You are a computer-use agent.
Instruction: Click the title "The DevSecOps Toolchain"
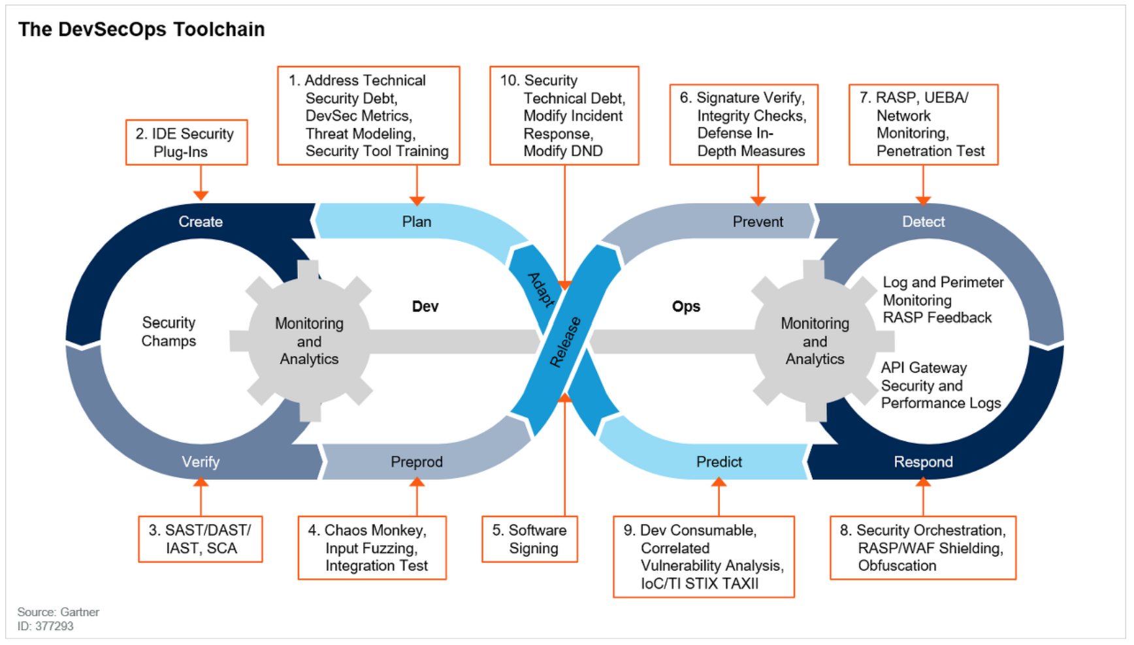[141, 29]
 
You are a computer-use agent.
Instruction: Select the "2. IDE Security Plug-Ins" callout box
[186, 142]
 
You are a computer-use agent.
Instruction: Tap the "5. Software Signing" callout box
[530, 539]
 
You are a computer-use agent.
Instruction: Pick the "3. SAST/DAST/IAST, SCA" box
[201, 539]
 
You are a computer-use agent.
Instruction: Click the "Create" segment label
[201, 222]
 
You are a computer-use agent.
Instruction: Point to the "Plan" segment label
[417, 222]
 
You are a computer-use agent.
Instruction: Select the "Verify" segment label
[201, 462]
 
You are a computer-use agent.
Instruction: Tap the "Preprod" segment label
[417, 462]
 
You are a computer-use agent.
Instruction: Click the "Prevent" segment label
[758, 222]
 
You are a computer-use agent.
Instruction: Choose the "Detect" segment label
[923, 222]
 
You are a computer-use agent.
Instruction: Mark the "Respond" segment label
[923, 462]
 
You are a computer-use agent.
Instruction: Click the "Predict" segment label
[719, 462]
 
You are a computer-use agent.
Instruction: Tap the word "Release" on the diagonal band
[566, 342]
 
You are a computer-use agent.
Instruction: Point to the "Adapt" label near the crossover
[541, 289]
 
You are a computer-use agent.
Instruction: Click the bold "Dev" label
[425, 307]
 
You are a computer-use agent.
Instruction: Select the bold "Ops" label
[686, 307]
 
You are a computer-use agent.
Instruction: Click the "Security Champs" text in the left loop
[169, 332]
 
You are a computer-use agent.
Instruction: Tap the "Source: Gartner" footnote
[58, 612]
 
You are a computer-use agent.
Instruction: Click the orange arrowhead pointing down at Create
[201, 195]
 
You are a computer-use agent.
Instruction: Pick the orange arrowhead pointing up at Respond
[923, 482]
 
